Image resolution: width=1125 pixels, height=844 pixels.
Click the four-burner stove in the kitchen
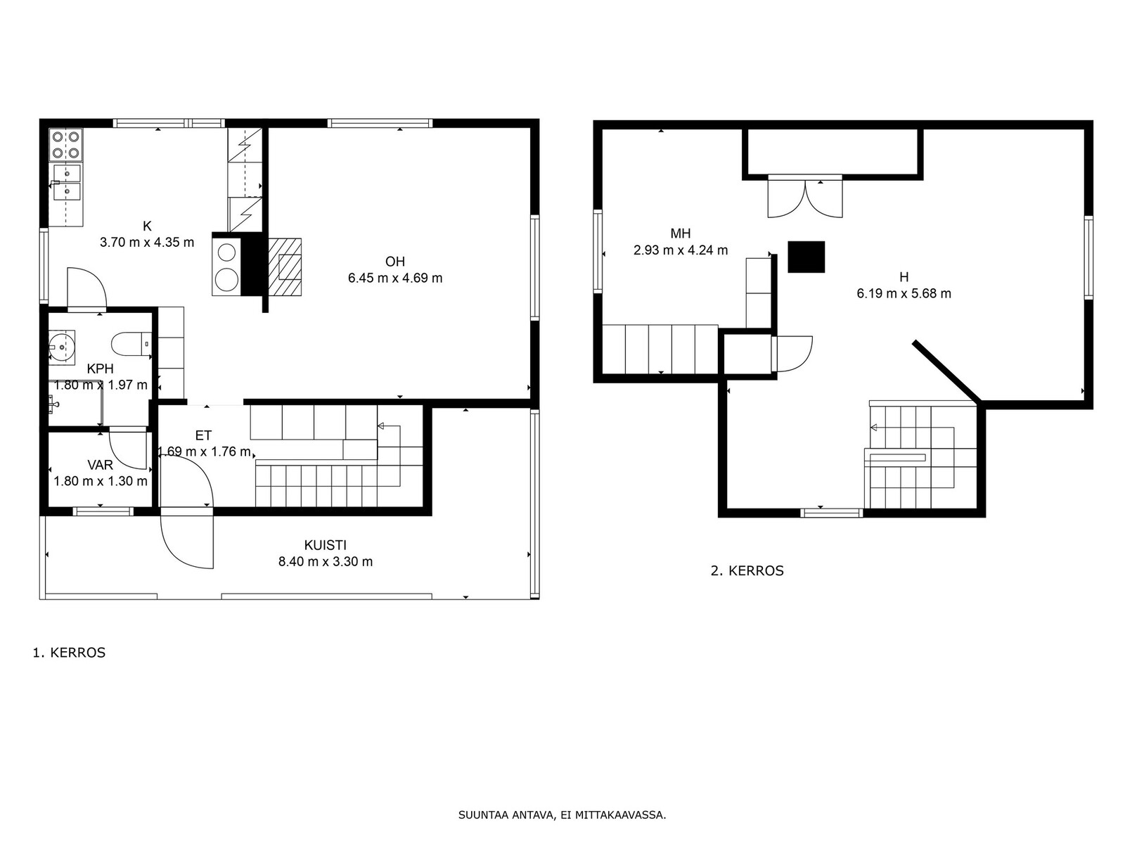66,145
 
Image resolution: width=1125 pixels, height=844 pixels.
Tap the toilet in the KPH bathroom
131,344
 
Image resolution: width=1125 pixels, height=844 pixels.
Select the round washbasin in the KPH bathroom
62,347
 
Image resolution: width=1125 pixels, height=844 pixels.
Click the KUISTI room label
326,544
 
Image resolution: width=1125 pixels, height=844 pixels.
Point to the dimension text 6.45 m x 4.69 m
395,279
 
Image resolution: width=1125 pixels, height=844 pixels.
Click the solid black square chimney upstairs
806,257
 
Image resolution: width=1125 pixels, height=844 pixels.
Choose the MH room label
680,234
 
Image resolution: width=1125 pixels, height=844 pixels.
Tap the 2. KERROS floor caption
747,571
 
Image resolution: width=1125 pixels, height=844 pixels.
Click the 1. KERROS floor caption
69,653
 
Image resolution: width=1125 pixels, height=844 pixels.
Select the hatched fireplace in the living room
285,267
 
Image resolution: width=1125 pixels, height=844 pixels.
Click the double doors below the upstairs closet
804,198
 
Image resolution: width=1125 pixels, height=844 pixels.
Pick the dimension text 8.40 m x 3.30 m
326,562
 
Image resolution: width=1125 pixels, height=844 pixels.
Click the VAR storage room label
101,465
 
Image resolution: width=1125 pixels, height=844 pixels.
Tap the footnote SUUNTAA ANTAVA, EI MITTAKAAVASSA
562,815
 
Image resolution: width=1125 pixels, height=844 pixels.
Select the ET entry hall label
203,435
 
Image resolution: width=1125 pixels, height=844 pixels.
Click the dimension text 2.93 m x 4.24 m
680,250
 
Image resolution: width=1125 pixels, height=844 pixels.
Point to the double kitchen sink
67,182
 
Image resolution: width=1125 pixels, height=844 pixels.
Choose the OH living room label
395,262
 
